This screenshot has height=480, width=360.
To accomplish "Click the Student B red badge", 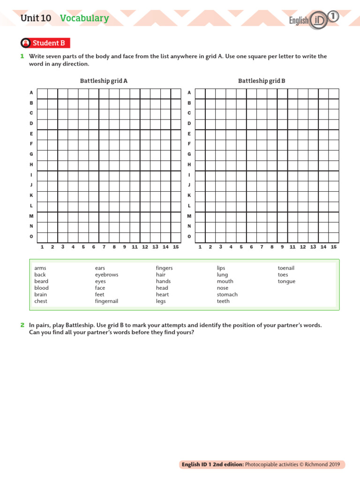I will (45, 43).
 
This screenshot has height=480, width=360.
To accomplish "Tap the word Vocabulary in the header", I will (84, 18).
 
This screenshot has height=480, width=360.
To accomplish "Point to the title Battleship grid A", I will (104, 81).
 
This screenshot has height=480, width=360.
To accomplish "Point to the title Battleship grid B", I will (262, 81).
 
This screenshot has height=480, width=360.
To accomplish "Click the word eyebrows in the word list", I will (106, 275).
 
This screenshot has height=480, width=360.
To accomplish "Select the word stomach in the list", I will (227, 294).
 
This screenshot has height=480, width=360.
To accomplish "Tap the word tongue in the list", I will (286, 281).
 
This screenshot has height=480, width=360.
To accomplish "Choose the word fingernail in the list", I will (106, 301).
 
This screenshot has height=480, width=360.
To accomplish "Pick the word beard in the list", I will (41, 281).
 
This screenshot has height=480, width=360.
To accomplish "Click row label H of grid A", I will (31, 165).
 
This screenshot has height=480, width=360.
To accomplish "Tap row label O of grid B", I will (189, 236).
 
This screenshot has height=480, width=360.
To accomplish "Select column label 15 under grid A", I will (176, 247).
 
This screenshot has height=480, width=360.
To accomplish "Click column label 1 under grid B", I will (200, 247).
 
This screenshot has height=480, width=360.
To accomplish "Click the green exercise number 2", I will (22, 325).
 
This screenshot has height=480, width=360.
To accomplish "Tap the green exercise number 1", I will (22, 56).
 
